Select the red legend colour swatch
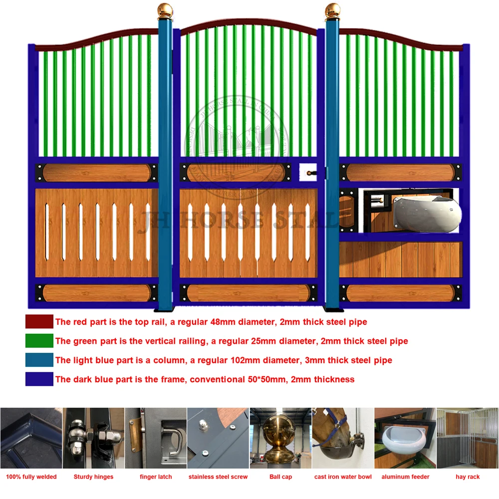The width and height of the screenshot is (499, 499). tap(39, 322)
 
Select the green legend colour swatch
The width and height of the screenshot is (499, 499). tap(39, 341)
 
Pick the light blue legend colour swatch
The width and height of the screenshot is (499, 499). tap(39, 360)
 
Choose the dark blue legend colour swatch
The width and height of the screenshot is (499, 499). tap(39, 379)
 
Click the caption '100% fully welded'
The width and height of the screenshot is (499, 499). tap(31, 477)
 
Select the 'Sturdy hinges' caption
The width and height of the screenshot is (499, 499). tap(93, 477)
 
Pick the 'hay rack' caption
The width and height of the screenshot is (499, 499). tap(468, 477)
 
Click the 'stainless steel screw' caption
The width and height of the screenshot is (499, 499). tap(218, 477)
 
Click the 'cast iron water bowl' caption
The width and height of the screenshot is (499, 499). tap(343, 477)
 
